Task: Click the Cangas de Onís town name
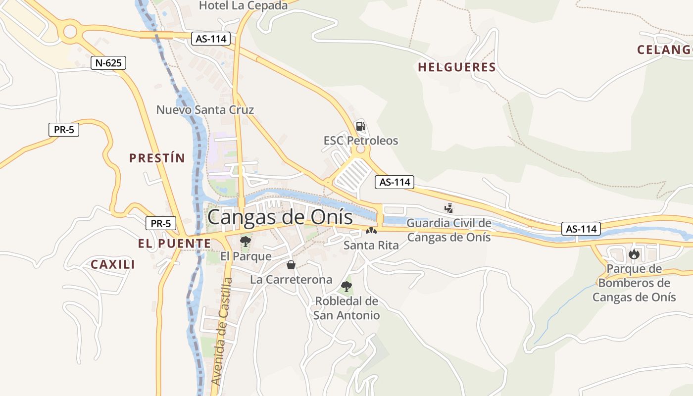coord(280,217)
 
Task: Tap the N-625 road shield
coord(108,63)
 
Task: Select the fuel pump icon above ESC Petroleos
coord(361,126)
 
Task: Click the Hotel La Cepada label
coord(243,6)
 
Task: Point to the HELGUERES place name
coord(457,67)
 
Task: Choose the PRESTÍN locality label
coord(157,158)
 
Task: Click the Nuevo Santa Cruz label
coord(205,109)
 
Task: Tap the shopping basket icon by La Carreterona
coord(291,265)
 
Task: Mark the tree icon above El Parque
coord(245,242)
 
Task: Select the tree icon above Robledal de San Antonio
coord(346,286)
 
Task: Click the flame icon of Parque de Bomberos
coord(634,254)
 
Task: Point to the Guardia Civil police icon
coord(449,208)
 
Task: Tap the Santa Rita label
coord(371,245)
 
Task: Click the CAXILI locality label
coord(113,264)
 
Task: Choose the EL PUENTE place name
coord(174,244)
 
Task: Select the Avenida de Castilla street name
coord(221,332)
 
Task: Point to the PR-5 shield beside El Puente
coord(161,223)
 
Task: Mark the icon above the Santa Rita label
coord(371,230)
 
